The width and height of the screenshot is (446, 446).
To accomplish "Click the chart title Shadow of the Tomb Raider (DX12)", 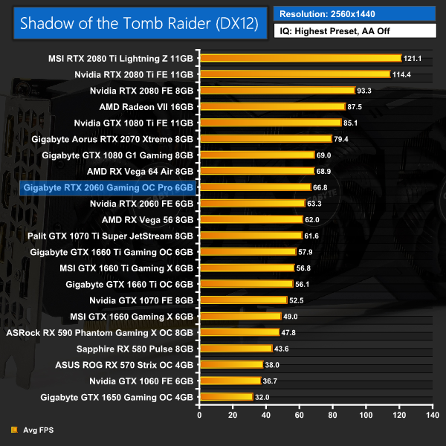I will tap(139, 22).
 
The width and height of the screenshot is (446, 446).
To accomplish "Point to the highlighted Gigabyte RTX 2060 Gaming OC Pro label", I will tap(109, 187).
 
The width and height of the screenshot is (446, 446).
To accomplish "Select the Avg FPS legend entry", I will tap(36, 430).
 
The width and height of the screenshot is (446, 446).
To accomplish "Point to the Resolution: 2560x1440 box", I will tap(355, 14).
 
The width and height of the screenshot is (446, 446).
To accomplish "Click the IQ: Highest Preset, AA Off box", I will tap(355, 31).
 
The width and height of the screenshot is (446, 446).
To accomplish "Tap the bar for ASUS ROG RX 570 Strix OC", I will tap(231, 365).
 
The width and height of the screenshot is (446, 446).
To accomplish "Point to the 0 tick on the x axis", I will tap(199, 415).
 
